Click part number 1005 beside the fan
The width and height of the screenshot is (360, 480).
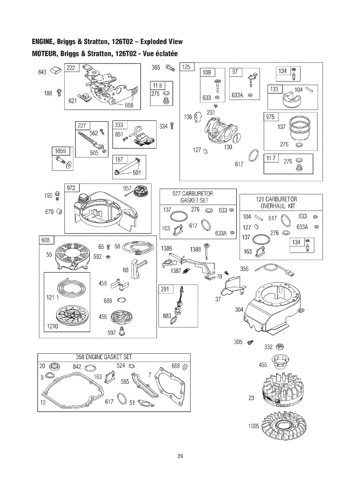coord(254,426)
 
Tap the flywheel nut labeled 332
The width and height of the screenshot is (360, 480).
coord(279,346)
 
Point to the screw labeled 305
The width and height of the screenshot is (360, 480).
coord(250,342)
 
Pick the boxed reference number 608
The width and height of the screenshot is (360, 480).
coord(46,240)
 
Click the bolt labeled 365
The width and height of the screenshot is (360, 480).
coord(170,68)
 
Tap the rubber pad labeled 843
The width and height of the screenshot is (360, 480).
coord(56,70)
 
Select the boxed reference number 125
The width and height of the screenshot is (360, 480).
coord(186,67)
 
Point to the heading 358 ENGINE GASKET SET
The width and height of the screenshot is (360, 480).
coord(104,357)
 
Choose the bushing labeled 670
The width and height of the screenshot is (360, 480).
coord(59,211)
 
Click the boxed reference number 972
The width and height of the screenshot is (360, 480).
coord(71,188)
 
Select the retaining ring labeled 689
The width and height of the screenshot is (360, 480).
coord(121,300)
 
